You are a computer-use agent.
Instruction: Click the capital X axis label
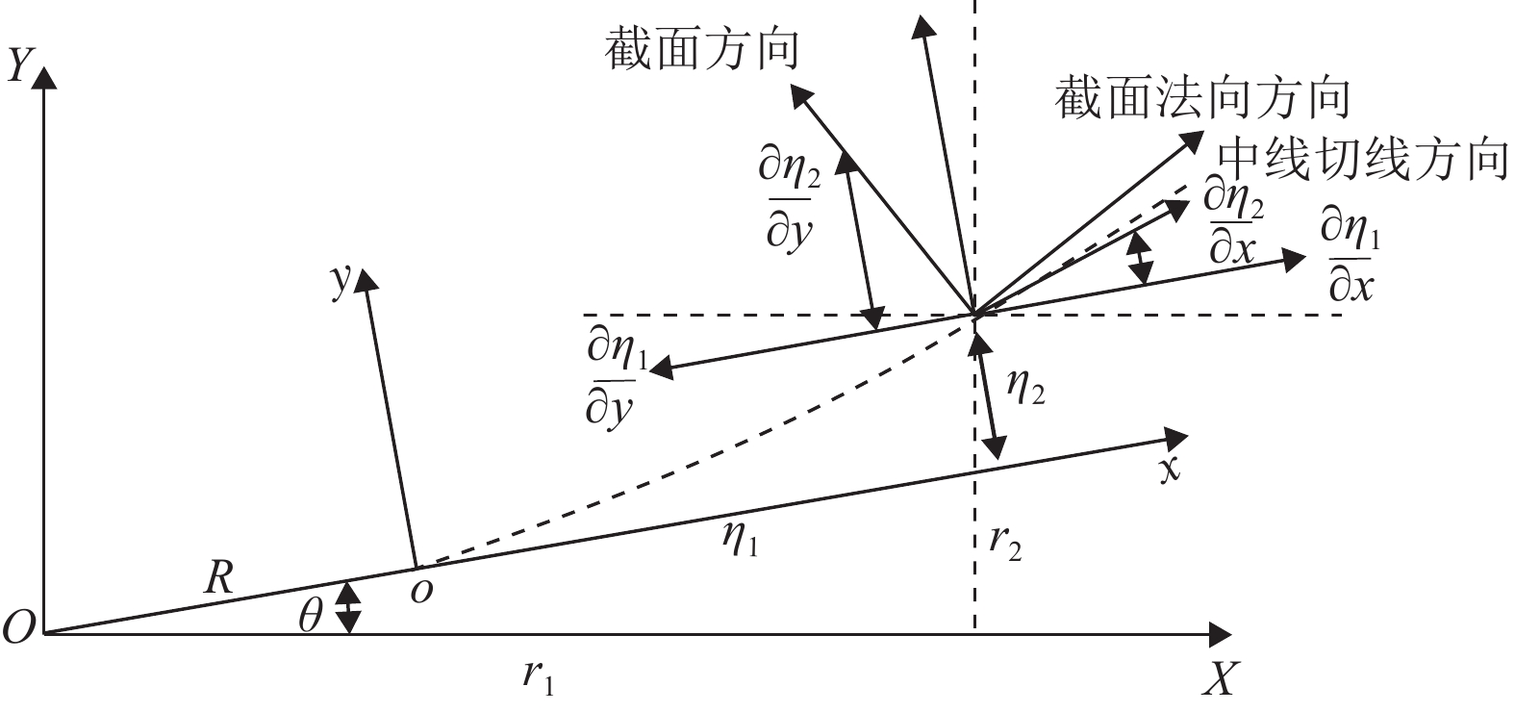click(1218, 679)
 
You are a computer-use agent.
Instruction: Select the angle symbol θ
click(310, 616)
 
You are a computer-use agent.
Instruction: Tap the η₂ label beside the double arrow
click(1025, 387)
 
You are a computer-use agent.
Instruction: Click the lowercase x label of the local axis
click(1169, 470)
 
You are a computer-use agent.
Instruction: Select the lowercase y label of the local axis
click(339, 280)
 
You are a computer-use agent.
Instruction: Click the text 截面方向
click(702, 48)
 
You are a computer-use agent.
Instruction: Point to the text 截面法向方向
click(1202, 96)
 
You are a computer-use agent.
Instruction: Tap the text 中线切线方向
click(1360, 159)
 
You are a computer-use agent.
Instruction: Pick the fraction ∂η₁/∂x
click(1351, 258)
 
